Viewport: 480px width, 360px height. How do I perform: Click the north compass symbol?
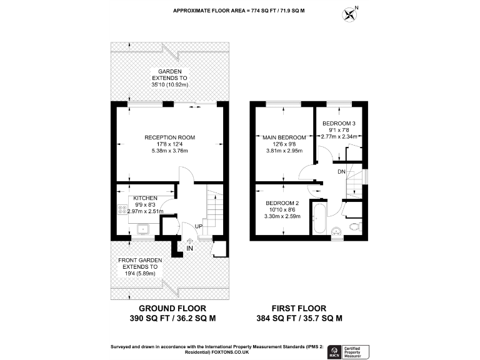click(350, 11)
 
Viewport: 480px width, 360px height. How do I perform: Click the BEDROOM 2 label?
click(282, 203)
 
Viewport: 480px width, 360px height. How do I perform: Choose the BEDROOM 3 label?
click(340, 124)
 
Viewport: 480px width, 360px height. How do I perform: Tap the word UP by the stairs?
click(199, 226)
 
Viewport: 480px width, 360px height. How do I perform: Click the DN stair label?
click(341, 171)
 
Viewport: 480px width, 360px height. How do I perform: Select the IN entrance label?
click(189, 249)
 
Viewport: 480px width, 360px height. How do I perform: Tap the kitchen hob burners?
click(121, 210)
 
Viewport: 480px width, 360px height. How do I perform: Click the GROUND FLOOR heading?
click(172, 309)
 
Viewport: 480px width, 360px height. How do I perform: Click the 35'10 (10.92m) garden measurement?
click(170, 85)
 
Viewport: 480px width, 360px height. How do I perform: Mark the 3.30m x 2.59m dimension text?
click(282, 217)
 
